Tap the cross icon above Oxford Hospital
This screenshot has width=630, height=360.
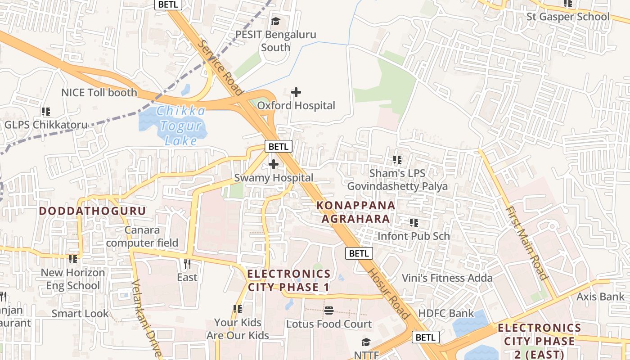tap(296, 92)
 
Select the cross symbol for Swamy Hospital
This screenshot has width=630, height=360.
tap(273, 164)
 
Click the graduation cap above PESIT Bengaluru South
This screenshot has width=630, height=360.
tap(275, 21)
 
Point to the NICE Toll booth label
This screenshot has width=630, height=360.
tap(99, 93)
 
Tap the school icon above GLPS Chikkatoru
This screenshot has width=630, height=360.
tap(45, 111)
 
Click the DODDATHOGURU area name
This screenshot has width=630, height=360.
tap(92, 211)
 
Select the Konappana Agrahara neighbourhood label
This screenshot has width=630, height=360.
tap(355, 212)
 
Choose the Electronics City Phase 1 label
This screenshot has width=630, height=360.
tap(288, 280)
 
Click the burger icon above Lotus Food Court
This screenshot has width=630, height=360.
tap(329, 310)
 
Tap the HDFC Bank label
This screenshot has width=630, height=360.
tap(446, 313)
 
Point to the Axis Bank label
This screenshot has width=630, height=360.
tap(601, 297)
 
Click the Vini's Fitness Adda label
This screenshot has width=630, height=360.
tap(447, 278)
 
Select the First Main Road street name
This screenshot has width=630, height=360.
tap(526, 243)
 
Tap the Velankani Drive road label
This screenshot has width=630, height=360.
tap(147, 318)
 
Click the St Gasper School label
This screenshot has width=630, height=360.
tap(568, 17)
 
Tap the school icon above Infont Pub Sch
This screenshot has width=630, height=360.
tap(414, 223)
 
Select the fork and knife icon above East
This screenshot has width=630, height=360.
tap(187, 264)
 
